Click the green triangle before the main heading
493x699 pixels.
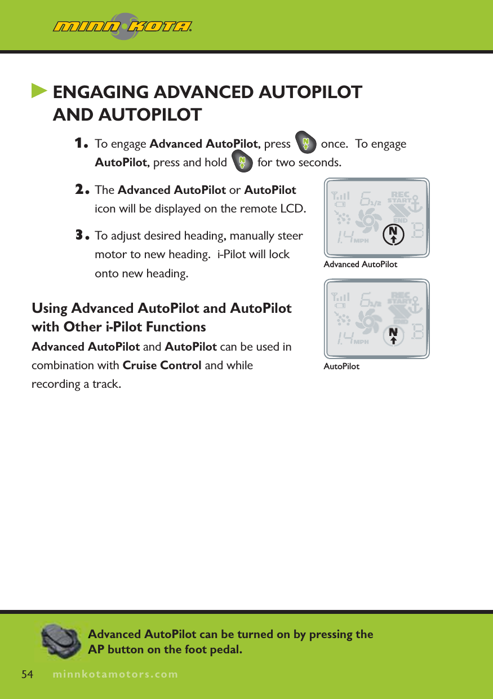tap(39, 91)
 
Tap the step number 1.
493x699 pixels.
tap(82, 144)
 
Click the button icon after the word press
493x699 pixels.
tap(305, 143)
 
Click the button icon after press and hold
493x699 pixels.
tap(242, 162)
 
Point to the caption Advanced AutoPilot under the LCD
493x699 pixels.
tap(360, 264)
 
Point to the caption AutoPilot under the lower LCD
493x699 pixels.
tap(341, 366)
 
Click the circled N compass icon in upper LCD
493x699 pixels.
tap(393, 234)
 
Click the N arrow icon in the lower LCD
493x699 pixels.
tap(393, 334)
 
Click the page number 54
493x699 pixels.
tap(28, 674)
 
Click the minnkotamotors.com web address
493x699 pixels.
tap(114, 674)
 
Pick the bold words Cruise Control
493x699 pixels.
tap(162, 365)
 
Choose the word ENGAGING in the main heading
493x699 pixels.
tap(101, 92)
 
